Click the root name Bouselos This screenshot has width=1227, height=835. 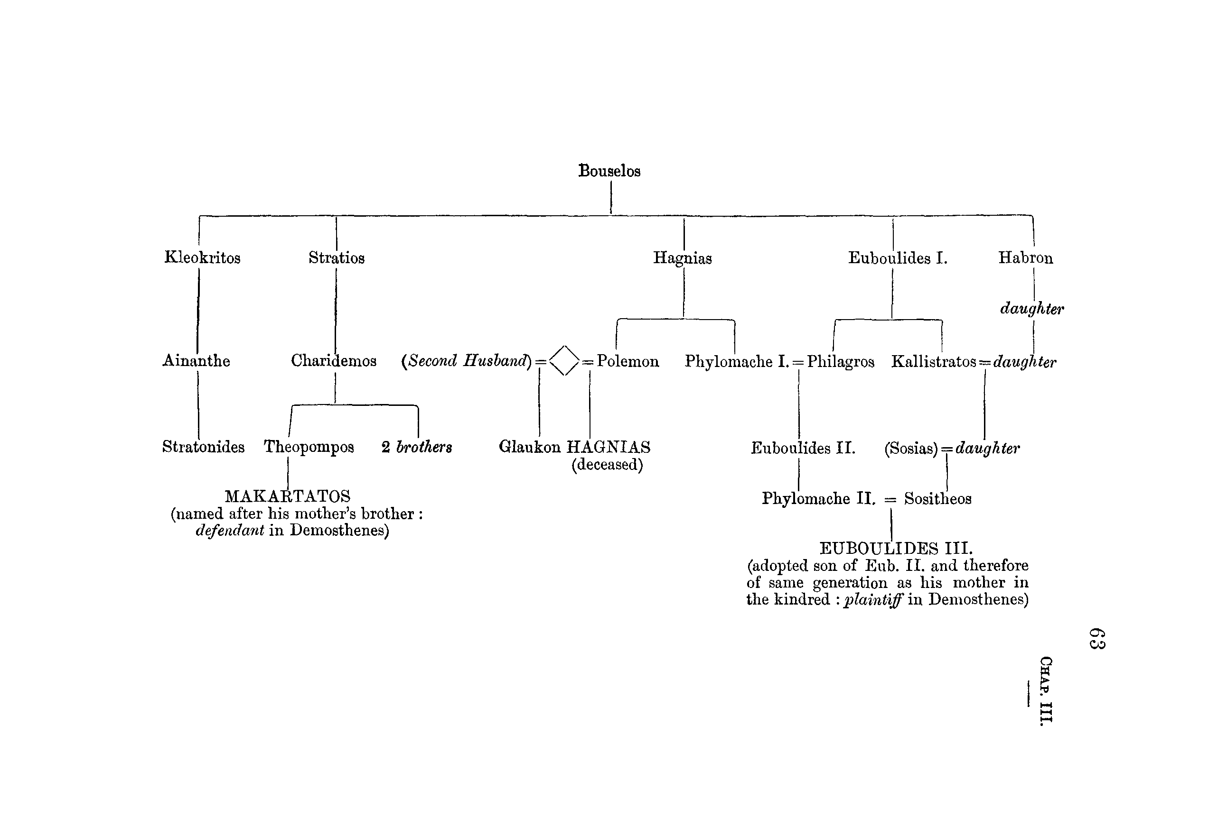coord(609,171)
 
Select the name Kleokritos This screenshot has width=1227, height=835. coord(202,257)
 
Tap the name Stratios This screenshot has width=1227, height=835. coord(337,258)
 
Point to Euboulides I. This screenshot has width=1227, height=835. coord(898,258)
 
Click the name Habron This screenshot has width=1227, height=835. coord(1025,257)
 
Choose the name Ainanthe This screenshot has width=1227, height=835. coord(196,361)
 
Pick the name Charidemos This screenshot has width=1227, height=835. coord(334,361)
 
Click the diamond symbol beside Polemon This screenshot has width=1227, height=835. coord(564,361)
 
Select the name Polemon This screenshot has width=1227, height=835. coord(628,361)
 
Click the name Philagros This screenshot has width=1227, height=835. coord(841,362)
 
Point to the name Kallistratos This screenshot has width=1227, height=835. coord(934,362)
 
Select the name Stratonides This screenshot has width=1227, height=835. coord(203,447)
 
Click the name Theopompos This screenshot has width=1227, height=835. coord(309,447)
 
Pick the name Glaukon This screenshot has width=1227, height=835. coord(530,447)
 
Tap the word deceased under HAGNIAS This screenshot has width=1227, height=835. coord(607,465)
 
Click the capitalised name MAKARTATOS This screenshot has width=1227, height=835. coord(288,496)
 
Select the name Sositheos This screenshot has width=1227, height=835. coord(937,498)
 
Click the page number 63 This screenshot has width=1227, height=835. coord(1097,639)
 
